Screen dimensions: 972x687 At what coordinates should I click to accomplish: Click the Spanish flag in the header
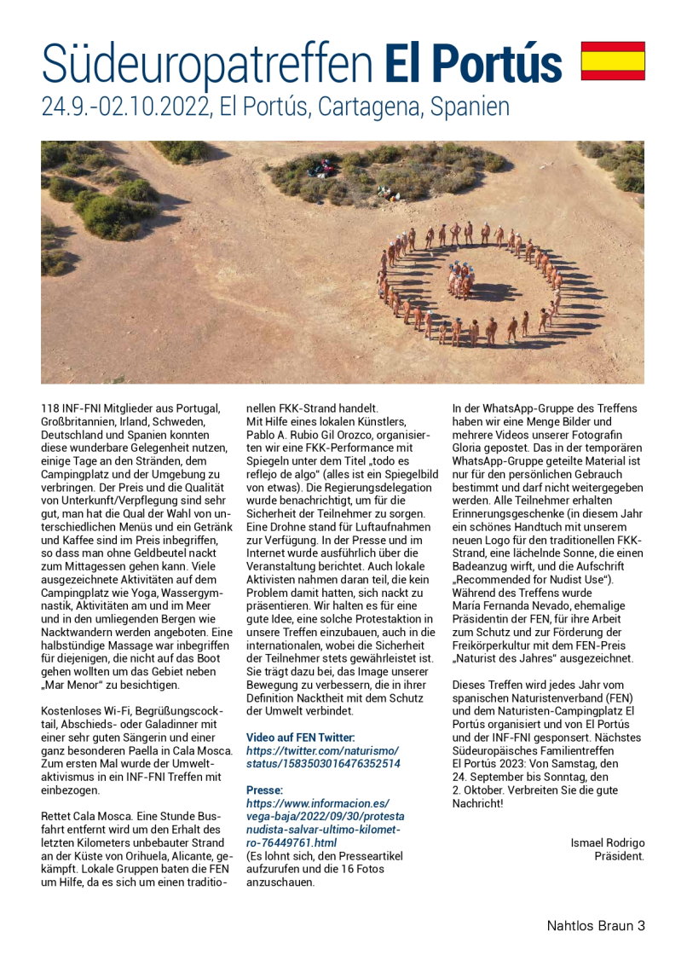coord(613,61)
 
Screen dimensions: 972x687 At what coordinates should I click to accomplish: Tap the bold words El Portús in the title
coord(473,63)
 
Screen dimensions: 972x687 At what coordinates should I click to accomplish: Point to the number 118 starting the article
coord(50,408)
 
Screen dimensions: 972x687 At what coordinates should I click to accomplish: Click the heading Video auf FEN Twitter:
coord(300,737)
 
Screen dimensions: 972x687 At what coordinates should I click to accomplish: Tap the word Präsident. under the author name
coord(620,855)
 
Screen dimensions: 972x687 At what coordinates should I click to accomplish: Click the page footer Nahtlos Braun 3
coord(596,925)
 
